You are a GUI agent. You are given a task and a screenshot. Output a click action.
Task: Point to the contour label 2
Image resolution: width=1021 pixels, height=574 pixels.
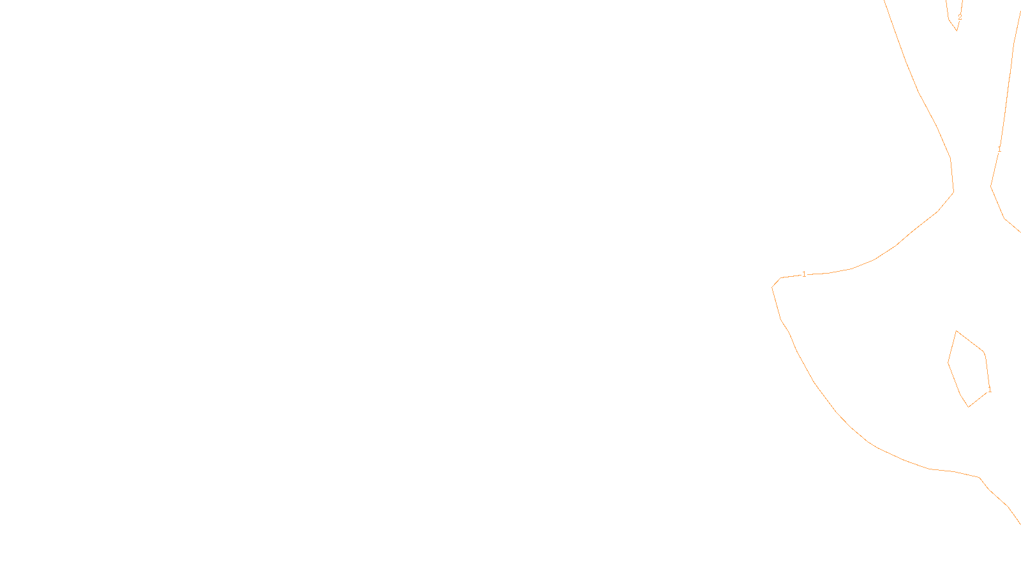pyautogui.click(x=959, y=17)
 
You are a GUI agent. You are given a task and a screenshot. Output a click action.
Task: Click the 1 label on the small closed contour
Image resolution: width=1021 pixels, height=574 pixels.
pyautogui.click(x=989, y=388)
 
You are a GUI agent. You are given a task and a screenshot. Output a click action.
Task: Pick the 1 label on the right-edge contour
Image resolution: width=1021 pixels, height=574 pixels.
pyautogui.click(x=999, y=149)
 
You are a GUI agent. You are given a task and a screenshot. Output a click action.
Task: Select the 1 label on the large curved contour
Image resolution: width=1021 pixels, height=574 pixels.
pyautogui.click(x=804, y=274)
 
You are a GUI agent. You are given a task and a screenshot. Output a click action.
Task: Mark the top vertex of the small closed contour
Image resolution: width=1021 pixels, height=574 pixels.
pyautogui.click(x=957, y=331)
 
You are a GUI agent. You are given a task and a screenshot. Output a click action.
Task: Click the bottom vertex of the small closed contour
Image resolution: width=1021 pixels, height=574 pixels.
pyautogui.click(x=969, y=406)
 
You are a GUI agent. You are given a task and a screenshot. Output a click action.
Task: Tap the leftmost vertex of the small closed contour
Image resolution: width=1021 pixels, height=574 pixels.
pyautogui.click(x=948, y=363)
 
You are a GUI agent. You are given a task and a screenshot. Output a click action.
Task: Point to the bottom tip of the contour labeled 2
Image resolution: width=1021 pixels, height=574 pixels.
pyautogui.click(x=957, y=30)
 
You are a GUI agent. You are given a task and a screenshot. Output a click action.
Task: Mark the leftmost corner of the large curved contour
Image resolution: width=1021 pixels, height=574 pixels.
pyautogui.click(x=772, y=287)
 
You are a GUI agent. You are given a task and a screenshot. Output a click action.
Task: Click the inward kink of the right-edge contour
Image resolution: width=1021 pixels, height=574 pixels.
pyautogui.click(x=991, y=186)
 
